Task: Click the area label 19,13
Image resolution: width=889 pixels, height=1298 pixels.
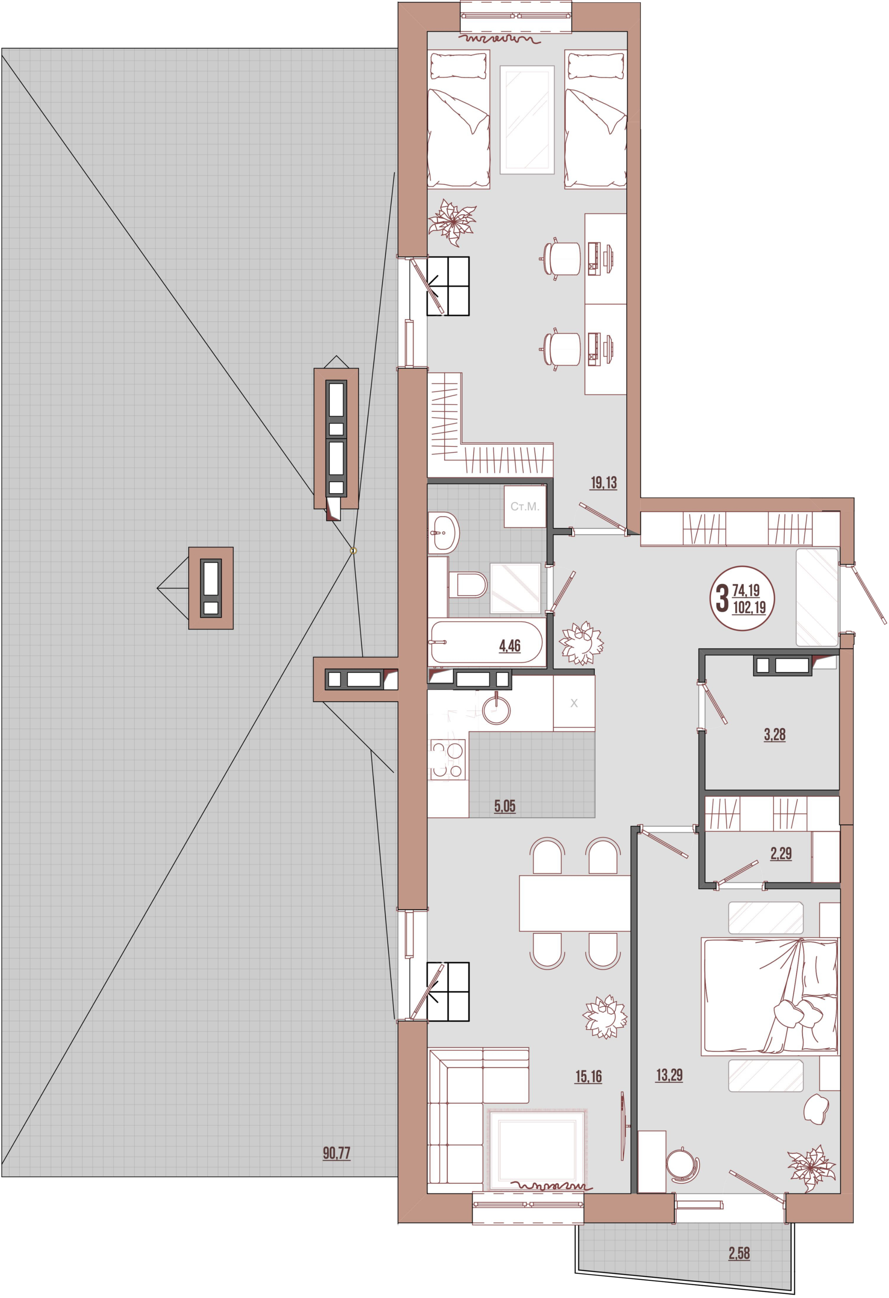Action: pos(604,483)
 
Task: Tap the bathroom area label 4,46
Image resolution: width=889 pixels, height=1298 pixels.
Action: pos(510,646)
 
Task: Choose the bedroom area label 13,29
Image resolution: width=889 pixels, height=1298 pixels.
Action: pos(669,1075)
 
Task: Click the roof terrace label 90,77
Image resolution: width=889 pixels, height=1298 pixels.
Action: pos(337,1153)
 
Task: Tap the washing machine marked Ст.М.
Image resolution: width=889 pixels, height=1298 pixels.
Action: pos(525,507)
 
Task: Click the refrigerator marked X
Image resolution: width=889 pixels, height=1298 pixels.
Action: pos(574,703)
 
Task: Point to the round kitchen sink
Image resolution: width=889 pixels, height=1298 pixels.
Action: pos(496,710)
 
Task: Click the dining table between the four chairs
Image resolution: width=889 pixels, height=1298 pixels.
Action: pos(575,903)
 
